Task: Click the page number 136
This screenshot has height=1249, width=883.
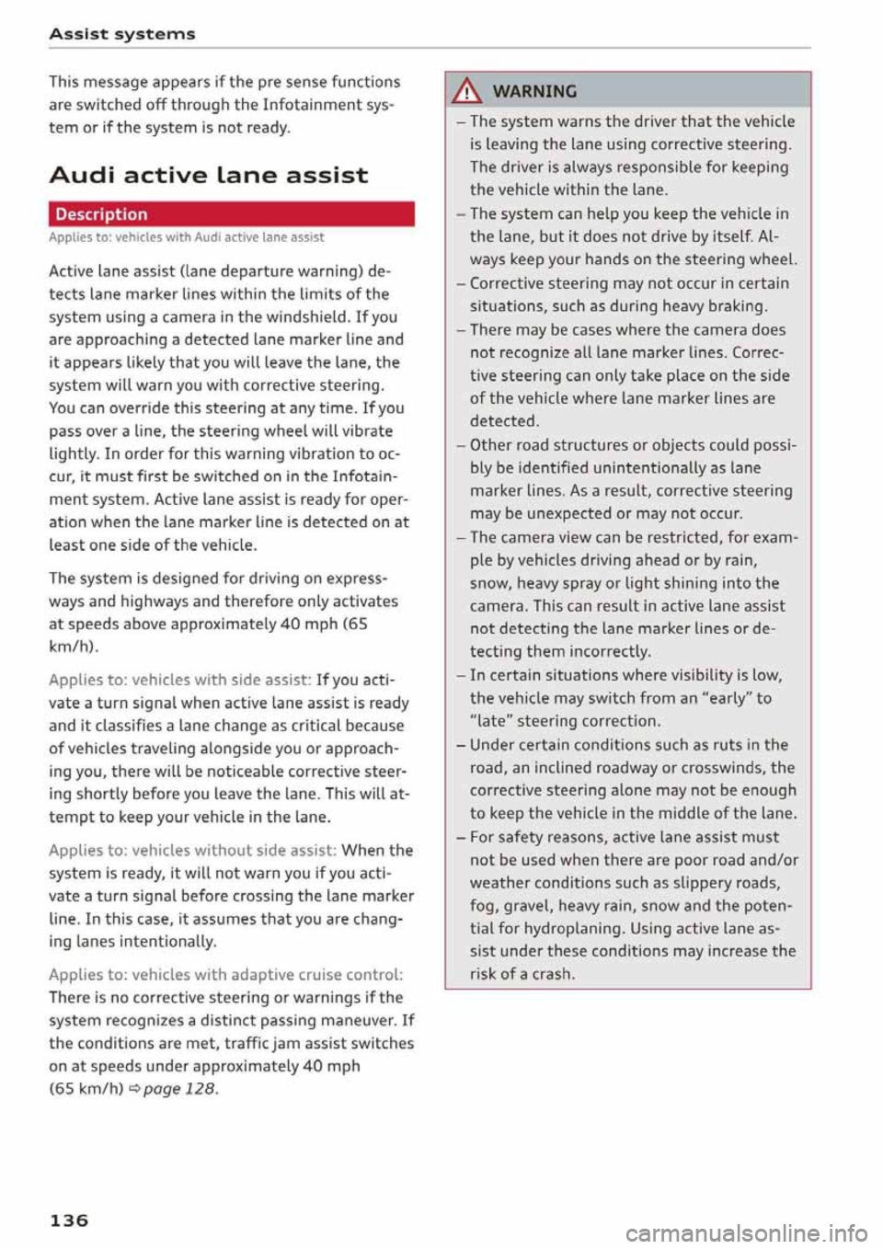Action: tap(69, 1220)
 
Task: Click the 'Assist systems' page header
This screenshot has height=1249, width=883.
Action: tap(121, 34)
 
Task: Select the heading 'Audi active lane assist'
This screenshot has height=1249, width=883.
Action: tap(209, 175)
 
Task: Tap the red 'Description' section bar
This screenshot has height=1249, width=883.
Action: tap(231, 214)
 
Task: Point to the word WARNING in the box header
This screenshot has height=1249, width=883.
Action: tap(534, 91)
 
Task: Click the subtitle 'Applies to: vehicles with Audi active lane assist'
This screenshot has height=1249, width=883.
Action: tap(186, 237)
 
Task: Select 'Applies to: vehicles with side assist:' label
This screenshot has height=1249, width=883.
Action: tap(179, 681)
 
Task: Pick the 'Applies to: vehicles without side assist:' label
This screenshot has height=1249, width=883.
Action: tap(192, 851)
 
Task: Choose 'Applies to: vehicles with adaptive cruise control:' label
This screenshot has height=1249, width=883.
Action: tap(225, 975)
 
